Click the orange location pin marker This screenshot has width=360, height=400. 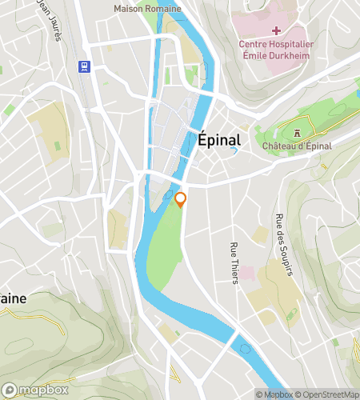coord(181,200)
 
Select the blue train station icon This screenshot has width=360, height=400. coord(82,66)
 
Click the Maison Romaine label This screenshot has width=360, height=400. coord(147,8)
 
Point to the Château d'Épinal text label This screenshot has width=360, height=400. coord(296,146)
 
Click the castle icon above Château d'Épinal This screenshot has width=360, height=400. coord(296,133)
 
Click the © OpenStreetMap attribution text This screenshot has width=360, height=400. coord(327,394)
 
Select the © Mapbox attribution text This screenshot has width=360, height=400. coord(274,394)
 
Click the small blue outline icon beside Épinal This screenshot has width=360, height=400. coord(234,150)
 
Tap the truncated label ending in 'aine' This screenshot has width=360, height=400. coord(13,298)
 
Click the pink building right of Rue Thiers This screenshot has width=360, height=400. coord(248,274)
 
